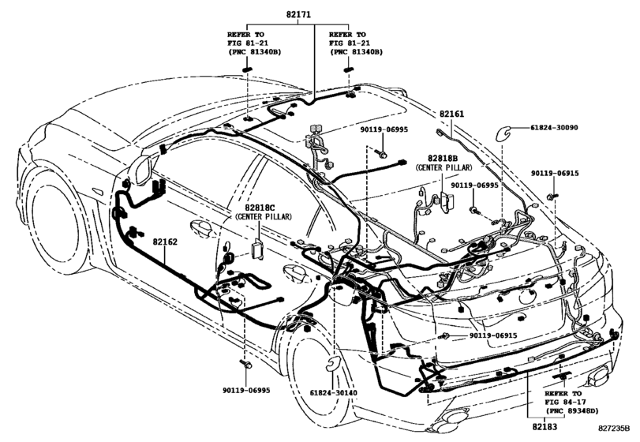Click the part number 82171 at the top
298,15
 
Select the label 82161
453,114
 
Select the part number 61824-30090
553,128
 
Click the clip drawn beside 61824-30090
501,132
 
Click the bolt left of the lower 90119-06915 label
447,336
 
